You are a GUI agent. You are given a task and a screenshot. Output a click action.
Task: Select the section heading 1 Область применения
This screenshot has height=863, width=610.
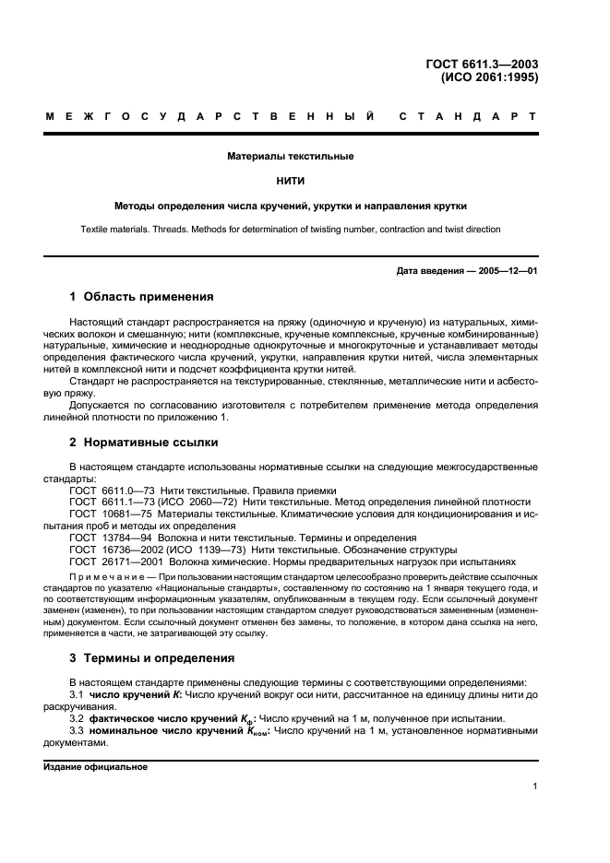(142, 297)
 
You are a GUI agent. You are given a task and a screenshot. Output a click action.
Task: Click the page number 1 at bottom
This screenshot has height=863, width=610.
(535, 786)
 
